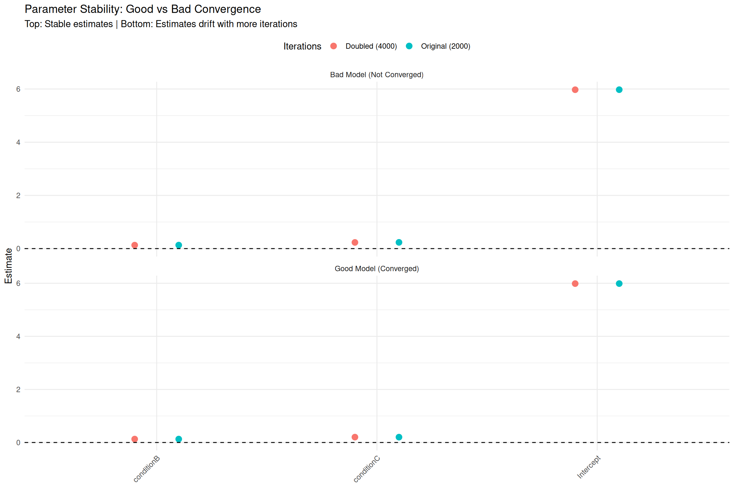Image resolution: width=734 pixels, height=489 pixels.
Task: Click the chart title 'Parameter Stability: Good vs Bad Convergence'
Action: pos(143,9)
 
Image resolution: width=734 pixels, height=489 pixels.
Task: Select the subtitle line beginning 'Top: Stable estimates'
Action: pos(161,24)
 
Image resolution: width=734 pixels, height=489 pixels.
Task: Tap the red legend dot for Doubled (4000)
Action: pos(334,46)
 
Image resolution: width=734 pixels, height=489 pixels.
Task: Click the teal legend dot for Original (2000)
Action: pos(409,46)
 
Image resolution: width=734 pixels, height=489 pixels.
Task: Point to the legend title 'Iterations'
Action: pos(302,46)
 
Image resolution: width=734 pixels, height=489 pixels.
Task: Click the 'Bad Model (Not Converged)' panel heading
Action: pos(377,75)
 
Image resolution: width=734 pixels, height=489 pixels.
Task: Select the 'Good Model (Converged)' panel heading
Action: pos(377,269)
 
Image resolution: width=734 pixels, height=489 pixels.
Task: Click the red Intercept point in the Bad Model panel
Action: pos(575,90)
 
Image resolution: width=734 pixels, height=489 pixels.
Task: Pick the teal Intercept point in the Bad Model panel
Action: pos(619,90)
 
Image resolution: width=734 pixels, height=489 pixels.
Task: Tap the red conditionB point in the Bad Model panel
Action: pos(135,245)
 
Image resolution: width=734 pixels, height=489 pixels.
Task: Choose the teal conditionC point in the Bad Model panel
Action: pos(399,243)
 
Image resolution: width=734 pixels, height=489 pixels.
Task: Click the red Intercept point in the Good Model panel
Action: pos(575,284)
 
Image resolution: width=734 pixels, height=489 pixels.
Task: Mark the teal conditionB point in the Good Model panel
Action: pos(179,439)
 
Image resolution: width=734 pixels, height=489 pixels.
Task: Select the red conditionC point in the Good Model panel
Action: pos(355,437)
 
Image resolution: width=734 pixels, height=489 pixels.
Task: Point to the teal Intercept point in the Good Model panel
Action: pos(619,284)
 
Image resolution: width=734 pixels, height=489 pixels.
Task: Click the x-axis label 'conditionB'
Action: pos(147,469)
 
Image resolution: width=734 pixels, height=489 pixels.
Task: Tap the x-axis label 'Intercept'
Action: pos(589,467)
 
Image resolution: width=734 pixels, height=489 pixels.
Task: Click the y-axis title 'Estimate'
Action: pos(8,266)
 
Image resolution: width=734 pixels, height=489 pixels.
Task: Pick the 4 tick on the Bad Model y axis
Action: pos(18,143)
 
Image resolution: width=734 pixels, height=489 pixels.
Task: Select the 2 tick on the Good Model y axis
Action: pos(18,390)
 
